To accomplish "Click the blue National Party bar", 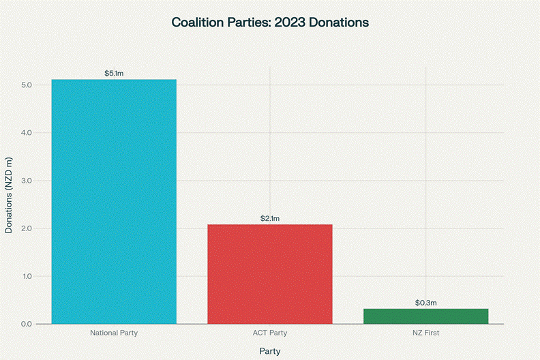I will coord(114,201).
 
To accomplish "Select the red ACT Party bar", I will coord(270,273).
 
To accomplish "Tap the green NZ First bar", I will coord(425,316).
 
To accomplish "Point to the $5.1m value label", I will coord(114,73).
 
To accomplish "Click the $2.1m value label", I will coord(270,218).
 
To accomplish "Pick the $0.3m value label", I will coord(425,303).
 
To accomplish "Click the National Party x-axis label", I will coord(114,333).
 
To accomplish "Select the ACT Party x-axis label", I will coord(270,333).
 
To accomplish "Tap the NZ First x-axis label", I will coord(425,333).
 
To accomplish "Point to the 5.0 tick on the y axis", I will coord(27,85).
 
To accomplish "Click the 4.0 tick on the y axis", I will coord(27,133).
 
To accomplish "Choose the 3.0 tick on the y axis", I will coord(27,181).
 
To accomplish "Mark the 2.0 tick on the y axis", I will coord(27,228).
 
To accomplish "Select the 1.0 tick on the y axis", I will coord(27,276).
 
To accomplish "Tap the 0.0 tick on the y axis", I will coord(27,324).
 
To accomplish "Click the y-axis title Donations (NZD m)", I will coord(9,196).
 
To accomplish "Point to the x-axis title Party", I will coord(270,350).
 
